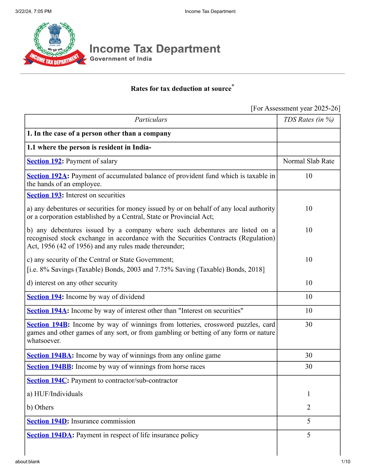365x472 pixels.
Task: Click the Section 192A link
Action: pyautogui.click(x=47, y=176)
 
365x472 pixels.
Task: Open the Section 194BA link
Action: pyautogui.click(x=49, y=355)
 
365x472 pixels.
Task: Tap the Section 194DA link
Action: pyautogui.click(x=49, y=435)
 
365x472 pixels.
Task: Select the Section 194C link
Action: pyautogui.click(x=47, y=380)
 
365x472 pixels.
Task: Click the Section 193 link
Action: pyautogui.click(x=44, y=195)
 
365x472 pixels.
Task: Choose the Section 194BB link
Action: pyautogui.click(x=49, y=367)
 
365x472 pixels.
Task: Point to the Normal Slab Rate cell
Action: pyautogui.click(x=309, y=161)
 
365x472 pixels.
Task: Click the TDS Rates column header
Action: pyautogui.click(x=309, y=120)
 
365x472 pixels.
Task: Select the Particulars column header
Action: pyautogui.click(x=151, y=120)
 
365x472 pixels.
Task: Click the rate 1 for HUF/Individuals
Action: pyautogui.click(x=309, y=394)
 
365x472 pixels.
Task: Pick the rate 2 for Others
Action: pyautogui.click(x=309, y=407)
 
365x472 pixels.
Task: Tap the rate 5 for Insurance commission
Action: pyautogui.click(x=309, y=421)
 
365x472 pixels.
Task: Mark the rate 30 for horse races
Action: pyautogui.click(x=309, y=367)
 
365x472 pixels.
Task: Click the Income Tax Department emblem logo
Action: pyautogui.click(x=54, y=44)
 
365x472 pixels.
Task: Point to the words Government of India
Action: pyautogui.click(x=121, y=59)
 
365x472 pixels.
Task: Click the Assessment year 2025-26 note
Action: pyautogui.click(x=295, y=108)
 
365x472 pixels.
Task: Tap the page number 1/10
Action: pyautogui.click(x=346, y=462)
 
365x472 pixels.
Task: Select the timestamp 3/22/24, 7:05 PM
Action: pyautogui.click(x=33, y=11)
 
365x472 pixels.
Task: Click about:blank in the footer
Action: pyautogui.click(x=27, y=462)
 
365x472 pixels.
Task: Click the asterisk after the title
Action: pyautogui.click(x=233, y=85)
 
